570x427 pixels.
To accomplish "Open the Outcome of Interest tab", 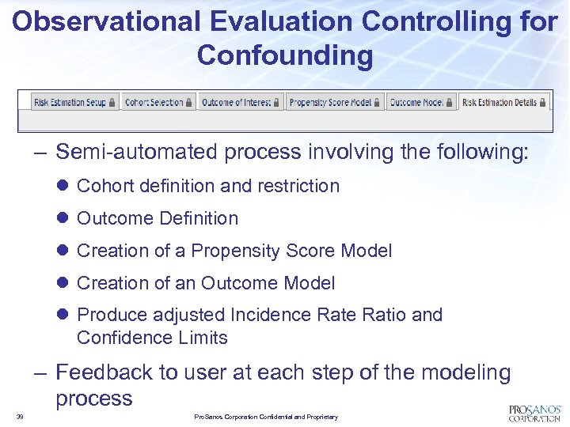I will (x=241, y=103).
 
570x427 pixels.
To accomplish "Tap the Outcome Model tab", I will (x=421, y=103).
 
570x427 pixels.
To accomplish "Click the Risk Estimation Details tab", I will (x=503, y=103).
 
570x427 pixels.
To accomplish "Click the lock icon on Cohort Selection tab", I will (x=189, y=103).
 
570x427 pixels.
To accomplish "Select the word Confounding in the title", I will (x=285, y=56).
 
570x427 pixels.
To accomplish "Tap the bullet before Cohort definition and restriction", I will (x=64, y=187).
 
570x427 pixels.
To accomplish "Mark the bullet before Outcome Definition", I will (x=64, y=219).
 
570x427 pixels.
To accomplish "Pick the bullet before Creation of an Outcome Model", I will (x=64, y=284).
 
